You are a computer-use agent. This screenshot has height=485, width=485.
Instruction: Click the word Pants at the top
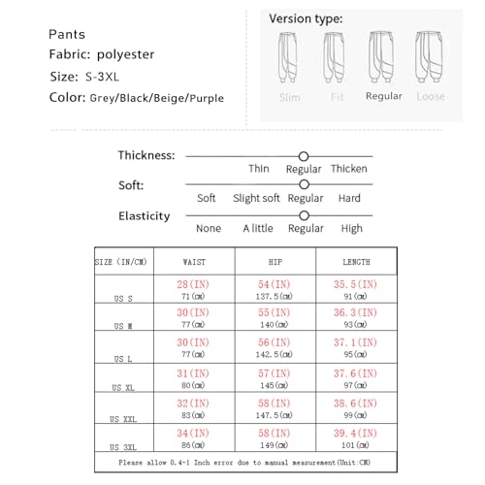(x=66, y=34)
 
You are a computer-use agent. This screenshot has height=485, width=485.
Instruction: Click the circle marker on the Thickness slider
(x=304, y=155)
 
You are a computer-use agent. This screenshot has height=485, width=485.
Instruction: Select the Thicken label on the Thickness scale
(x=348, y=169)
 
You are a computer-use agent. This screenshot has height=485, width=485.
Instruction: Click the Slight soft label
(x=256, y=199)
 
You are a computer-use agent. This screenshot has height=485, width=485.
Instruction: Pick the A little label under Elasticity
(x=256, y=229)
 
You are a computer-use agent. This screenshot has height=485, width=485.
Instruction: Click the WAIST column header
(x=194, y=263)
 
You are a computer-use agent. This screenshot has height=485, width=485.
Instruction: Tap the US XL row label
(x=122, y=386)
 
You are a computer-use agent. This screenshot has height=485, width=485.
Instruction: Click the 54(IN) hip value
(x=275, y=284)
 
